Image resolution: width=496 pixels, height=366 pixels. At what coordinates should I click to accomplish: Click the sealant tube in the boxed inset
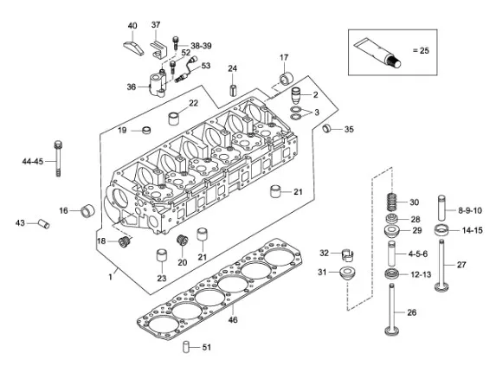[x=377, y=53]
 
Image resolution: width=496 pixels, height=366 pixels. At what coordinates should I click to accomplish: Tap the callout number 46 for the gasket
[x=233, y=320]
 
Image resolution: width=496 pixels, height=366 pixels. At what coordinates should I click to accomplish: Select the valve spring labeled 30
[x=392, y=202]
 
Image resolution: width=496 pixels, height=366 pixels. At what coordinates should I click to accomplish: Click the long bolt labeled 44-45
[x=58, y=158]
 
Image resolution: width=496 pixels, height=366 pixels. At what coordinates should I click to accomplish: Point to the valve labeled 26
[x=392, y=309]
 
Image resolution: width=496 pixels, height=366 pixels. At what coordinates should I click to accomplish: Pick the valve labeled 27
[x=441, y=266]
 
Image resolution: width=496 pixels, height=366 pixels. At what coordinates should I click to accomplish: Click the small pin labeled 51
[x=186, y=347]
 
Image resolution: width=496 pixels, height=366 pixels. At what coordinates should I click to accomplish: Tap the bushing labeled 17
[x=287, y=78]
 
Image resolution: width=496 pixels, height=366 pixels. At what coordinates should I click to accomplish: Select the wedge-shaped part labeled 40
[x=133, y=48]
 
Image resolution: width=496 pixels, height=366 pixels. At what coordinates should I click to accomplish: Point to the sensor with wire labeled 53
[x=184, y=69]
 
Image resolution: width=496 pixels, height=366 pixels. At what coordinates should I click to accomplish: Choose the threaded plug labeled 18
[x=125, y=241]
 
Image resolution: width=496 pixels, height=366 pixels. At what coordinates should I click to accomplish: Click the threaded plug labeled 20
[x=182, y=241]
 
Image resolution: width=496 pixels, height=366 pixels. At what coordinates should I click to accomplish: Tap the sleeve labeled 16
[x=88, y=211]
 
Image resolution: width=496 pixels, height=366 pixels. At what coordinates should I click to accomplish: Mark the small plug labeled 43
[x=44, y=223]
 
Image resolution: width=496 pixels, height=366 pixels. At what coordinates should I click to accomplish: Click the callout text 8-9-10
[x=470, y=210]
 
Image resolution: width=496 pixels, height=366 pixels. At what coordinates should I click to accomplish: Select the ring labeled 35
[x=327, y=129]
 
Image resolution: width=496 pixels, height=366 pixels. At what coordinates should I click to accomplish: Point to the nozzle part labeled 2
[x=295, y=95]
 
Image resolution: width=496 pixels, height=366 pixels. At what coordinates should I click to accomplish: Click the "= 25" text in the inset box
[x=421, y=50]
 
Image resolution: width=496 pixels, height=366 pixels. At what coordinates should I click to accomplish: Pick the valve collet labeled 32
[x=348, y=255]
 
